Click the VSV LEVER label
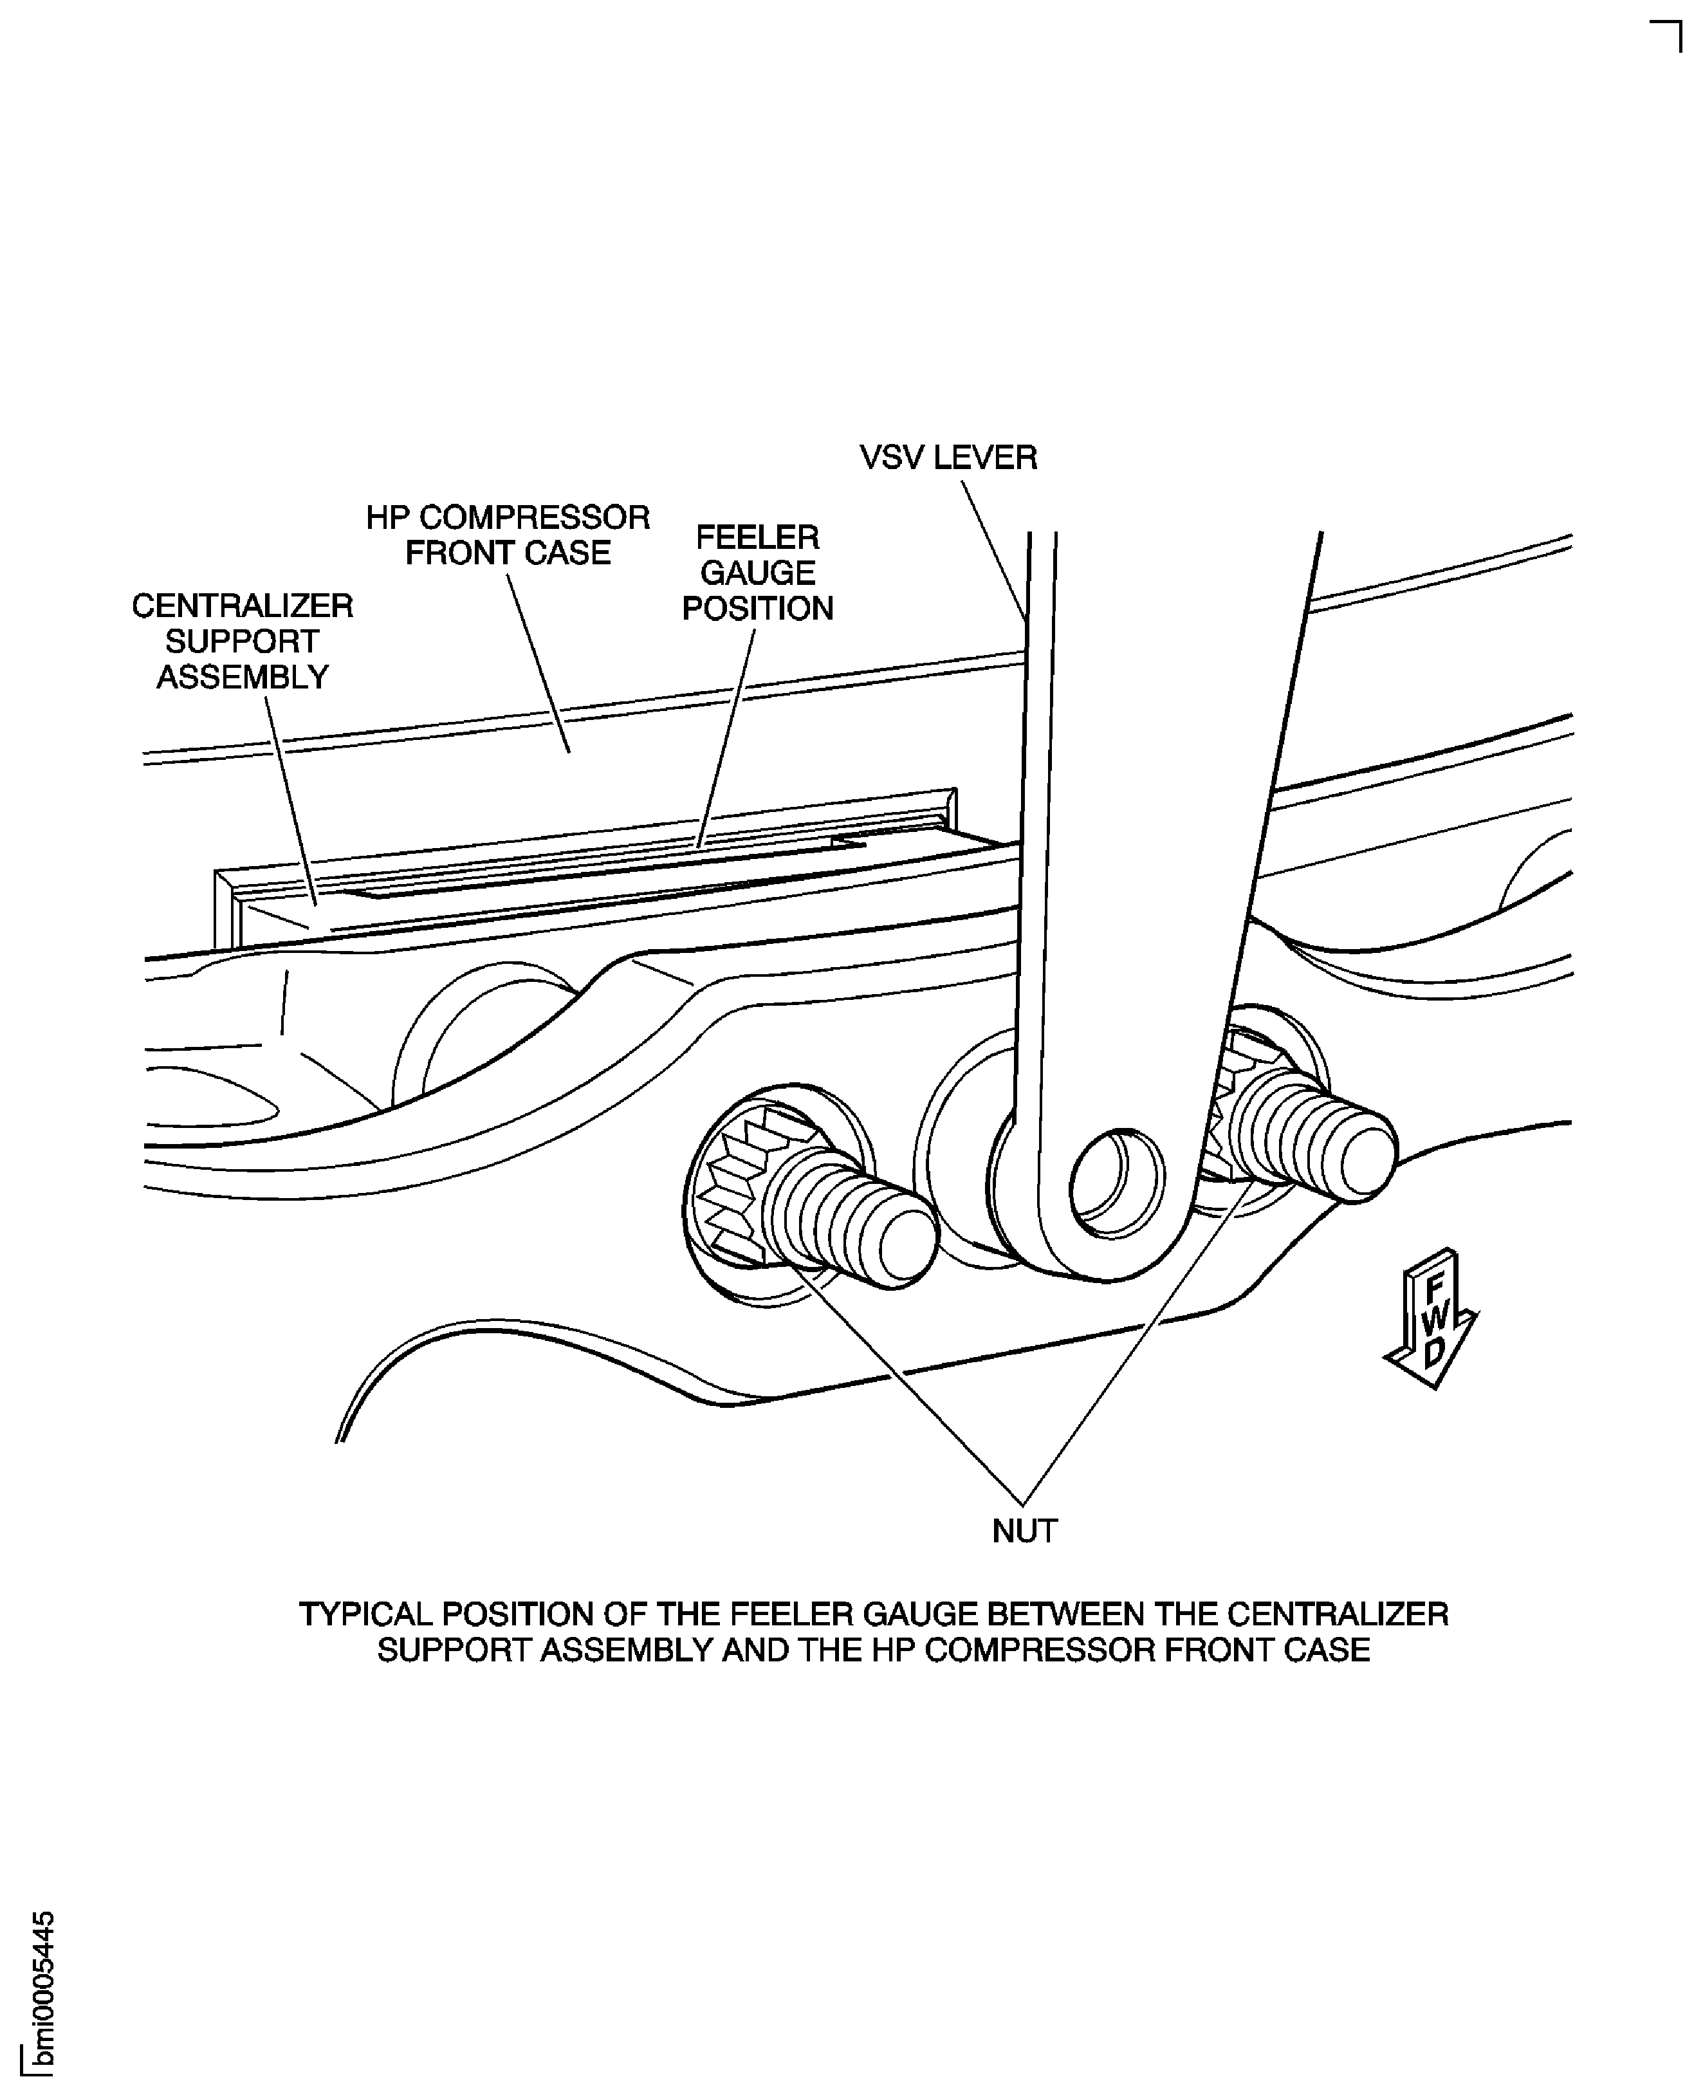(x=948, y=458)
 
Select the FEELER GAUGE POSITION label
(x=757, y=573)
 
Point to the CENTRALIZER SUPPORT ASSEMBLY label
(x=243, y=642)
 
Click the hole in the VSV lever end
(x=1116, y=1181)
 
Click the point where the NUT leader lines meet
(x=1023, y=1504)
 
